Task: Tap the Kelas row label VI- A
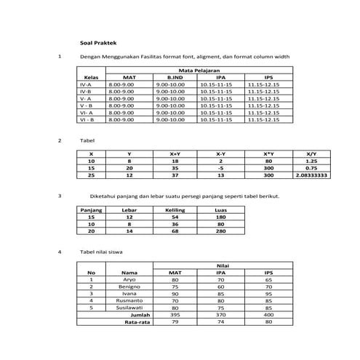click(85, 112)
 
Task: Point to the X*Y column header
click(268, 154)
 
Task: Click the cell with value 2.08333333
click(311, 175)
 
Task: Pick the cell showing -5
click(220, 168)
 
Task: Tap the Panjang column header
click(92, 209)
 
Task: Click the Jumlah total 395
click(175, 313)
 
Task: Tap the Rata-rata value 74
click(221, 321)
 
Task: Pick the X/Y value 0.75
click(311, 168)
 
